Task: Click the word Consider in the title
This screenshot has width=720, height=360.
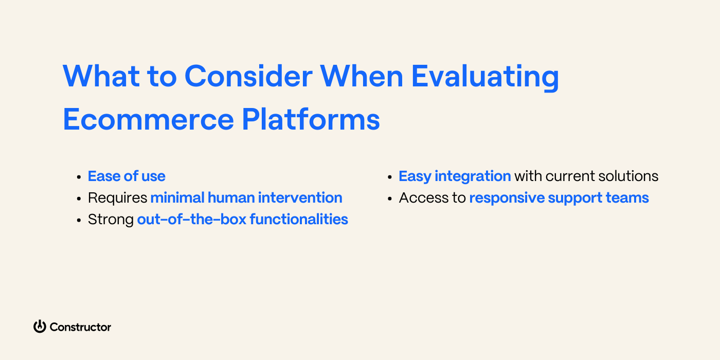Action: pos(248,76)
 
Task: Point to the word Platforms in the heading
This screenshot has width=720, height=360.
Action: pos(311,119)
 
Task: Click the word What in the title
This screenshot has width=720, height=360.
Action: pos(100,76)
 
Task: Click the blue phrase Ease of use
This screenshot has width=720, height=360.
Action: pos(127,176)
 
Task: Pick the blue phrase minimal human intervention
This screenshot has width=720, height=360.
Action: pos(246,198)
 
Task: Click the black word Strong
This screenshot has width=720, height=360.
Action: pos(111,220)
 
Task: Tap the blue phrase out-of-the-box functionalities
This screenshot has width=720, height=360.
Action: pos(243,220)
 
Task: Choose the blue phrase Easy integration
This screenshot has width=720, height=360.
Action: pos(455,176)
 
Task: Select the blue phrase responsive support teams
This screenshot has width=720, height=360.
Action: pos(559,198)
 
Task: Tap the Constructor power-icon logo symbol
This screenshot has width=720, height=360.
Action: pos(40,327)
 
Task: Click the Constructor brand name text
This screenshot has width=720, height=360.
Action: pos(80,327)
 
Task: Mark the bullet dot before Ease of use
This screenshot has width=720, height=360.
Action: pos(79,177)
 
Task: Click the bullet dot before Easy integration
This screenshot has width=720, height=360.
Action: pos(390,177)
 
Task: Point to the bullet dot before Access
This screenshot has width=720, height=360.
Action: pos(390,199)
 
